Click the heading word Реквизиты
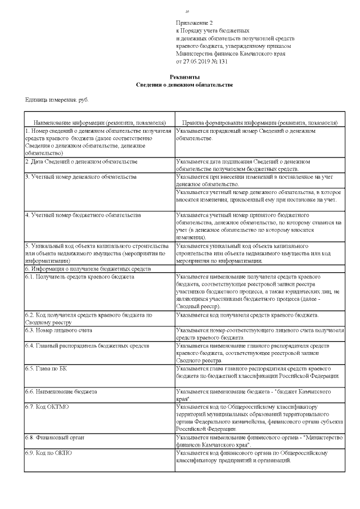pyautogui.click(x=184, y=76)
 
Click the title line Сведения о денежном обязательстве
pyautogui.click(x=184, y=84)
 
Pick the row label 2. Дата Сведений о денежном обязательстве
pyautogui.click(x=81, y=162)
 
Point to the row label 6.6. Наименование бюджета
pyautogui.click(x=61, y=391)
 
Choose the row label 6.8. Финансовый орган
pyautogui.click(x=57, y=436)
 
